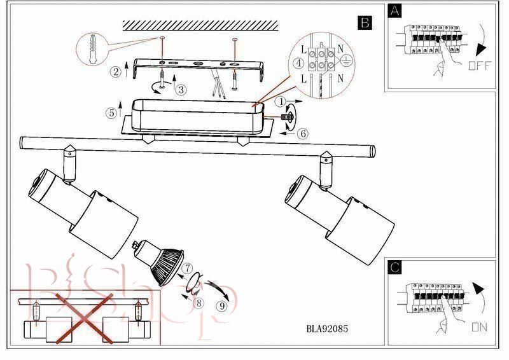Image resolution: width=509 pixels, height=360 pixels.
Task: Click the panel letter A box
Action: tap(396, 11)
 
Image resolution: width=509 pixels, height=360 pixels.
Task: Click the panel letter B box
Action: tap(365, 23)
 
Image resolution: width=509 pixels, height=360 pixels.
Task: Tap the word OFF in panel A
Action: tap(480, 66)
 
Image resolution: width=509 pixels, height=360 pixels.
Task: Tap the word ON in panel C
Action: tap(480, 328)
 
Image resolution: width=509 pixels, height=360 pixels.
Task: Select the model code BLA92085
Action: tap(327, 329)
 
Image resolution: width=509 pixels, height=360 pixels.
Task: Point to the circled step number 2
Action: tap(115, 71)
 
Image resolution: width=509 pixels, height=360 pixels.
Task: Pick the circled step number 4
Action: tap(298, 64)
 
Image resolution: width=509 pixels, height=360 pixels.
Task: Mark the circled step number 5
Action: tap(111, 113)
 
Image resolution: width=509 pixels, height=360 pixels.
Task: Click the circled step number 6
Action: tap(303, 133)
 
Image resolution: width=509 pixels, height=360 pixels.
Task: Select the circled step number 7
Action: tap(188, 268)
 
